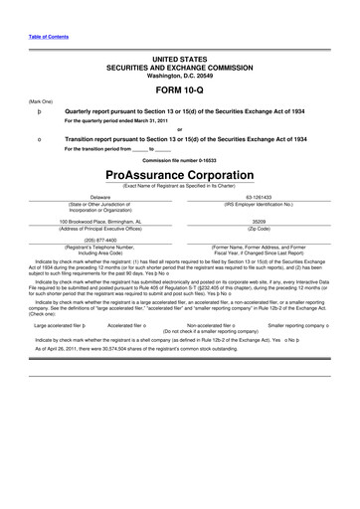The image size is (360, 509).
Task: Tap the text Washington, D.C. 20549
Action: pyautogui.click(x=179, y=69)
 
